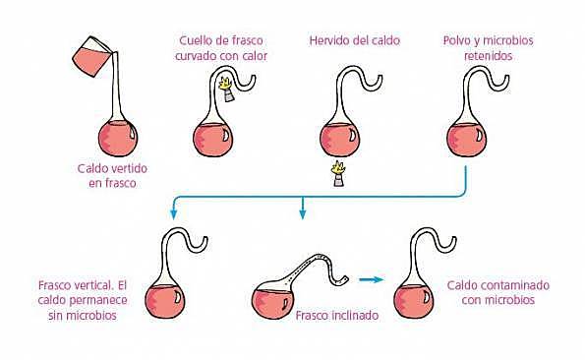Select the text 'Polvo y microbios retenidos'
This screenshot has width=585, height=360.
475,48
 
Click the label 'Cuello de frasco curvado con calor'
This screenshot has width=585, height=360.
223,48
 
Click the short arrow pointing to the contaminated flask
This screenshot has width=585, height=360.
369,279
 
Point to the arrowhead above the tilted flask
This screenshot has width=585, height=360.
303,212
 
